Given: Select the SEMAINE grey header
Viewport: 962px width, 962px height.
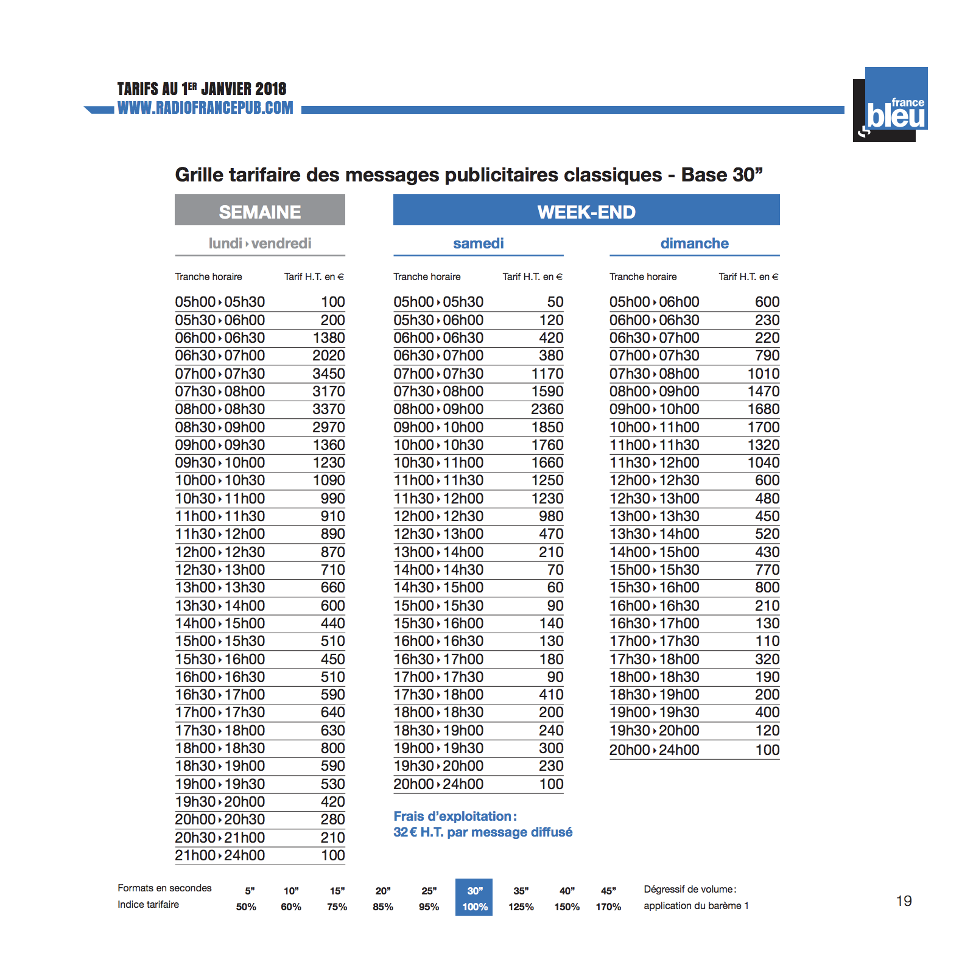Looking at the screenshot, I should tap(259, 211).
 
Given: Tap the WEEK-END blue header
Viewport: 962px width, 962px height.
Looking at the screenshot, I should tap(586, 211).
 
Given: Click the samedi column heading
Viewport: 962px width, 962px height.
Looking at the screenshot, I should tap(478, 244).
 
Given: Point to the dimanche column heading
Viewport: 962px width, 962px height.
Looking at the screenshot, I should tap(694, 244).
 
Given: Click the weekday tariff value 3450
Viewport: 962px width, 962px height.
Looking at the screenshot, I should tap(328, 374).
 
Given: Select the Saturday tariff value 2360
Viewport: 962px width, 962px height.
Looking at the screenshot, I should tap(547, 409).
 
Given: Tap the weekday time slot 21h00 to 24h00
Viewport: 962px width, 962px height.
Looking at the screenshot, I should tap(220, 855).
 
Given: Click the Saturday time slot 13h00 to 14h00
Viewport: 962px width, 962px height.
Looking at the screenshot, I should tap(438, 552).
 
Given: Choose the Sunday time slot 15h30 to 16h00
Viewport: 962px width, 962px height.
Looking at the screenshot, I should tap(654, 588).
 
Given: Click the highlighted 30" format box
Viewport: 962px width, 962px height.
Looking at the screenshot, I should tap(474, 897).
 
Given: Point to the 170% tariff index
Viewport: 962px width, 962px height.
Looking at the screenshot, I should tap(608, 907).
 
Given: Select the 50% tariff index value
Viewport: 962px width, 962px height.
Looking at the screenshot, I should tap(246, 907).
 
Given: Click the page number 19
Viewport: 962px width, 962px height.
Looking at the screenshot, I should tap(904, 901).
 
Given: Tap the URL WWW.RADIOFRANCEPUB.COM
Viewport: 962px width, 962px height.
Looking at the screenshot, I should tap(205, 108).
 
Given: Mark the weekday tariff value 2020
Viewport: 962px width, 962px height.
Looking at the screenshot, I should tap(328, 356).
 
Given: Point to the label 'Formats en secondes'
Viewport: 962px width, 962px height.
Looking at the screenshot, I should tap(164, 888).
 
